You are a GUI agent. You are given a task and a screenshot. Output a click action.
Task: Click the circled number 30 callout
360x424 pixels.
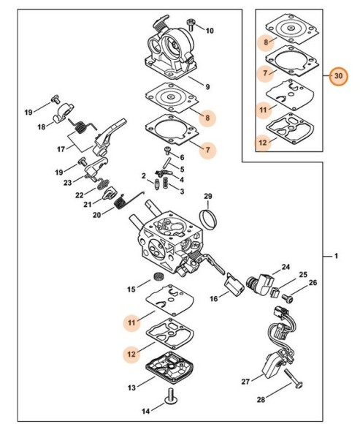[x=338, y=76]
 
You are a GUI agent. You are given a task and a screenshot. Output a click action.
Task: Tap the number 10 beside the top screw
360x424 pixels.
[x=210, y=31]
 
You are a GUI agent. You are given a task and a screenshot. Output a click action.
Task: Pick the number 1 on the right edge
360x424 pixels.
[x=336, y=256]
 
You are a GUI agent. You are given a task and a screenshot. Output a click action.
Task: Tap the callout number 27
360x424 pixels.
[x=245, y=382]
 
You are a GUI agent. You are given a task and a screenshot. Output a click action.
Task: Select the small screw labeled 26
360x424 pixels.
[x=288, y=298]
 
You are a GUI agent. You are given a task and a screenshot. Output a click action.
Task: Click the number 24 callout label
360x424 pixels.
[x=286, y=267]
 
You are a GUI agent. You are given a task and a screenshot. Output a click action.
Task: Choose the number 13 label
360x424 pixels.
[x=131, y=387]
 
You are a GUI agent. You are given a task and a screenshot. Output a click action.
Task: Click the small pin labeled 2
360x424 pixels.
[x=157, y=184]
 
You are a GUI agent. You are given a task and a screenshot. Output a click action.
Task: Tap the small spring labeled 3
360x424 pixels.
[x=166, y=183]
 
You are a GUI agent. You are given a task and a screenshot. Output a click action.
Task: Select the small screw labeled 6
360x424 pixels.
[x=167, y=150]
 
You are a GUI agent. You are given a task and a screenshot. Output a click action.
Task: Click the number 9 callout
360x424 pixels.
[x=207, y=86]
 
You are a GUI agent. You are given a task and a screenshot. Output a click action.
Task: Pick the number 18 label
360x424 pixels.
[x=42, y=126]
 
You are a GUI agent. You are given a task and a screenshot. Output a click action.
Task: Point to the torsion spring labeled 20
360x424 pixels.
[x=120, y=202]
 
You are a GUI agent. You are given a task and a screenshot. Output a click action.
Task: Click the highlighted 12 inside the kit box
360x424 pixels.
[x=263, y=143]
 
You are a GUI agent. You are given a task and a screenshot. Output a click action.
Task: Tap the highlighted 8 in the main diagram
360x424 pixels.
[x=207, y=118]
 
